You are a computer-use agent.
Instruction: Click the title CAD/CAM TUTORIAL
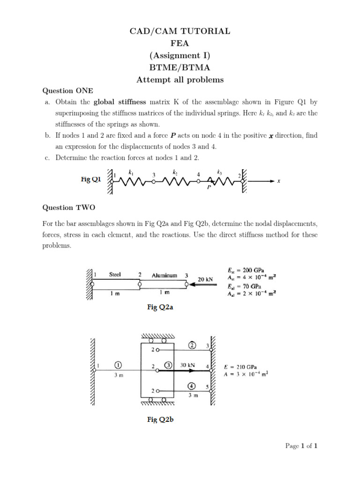[180, 31]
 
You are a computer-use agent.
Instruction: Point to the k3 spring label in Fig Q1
[219, 172]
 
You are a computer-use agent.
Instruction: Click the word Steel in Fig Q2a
[115, 275]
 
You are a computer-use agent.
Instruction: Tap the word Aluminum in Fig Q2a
[164, 275]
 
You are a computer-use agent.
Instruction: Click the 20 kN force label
[205, 279]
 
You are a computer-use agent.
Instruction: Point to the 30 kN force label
[187, 364]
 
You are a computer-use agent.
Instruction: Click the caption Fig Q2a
[160, 307]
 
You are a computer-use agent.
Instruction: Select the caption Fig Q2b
[160, 420]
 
